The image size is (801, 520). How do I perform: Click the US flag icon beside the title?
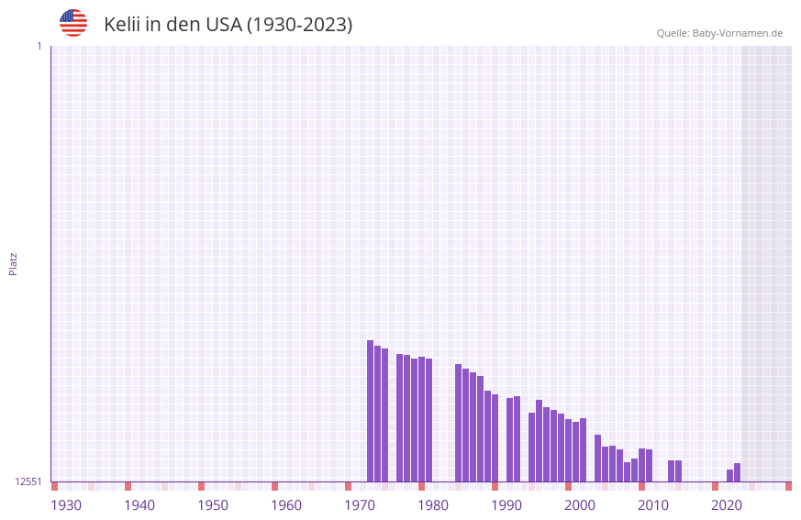coord(73,23)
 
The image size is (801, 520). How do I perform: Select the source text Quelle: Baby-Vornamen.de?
coord(719,33)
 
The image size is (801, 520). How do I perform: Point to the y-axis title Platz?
coord(13,263)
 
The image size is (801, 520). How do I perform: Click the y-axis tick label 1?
coord(39,46)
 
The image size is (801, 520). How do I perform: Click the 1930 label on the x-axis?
coord(66,505)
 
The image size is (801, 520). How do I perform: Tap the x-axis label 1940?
coord(139,505)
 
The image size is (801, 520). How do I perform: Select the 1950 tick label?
coord(213,505)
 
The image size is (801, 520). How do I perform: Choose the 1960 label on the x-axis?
coord(286,505)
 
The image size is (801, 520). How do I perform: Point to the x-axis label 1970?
coord(360,505)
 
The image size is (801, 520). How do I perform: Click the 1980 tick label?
coord(433,505)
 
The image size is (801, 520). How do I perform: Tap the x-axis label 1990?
coord(506,505)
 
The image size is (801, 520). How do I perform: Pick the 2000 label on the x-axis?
coord(580,505)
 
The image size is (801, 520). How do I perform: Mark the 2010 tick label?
coord(653,505)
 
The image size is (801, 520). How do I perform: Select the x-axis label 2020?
coord(727,505)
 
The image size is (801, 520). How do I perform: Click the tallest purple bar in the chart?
coord(371,411)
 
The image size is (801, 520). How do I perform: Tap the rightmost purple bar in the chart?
coord(737,472)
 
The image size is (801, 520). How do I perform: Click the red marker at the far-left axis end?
coord(54,486)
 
